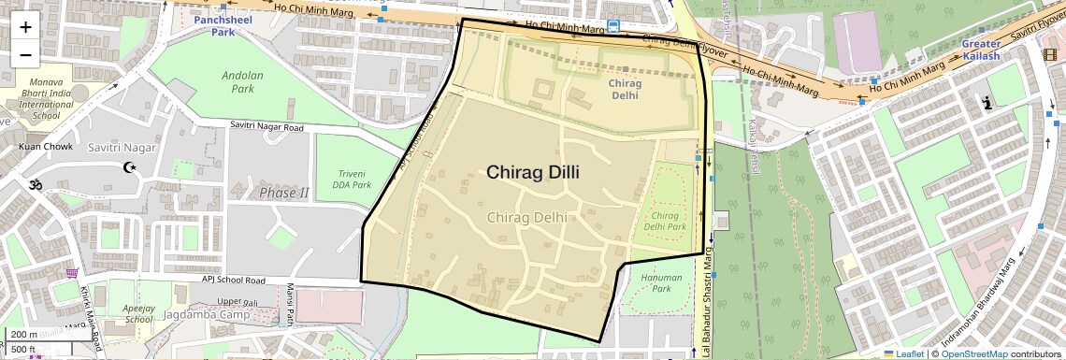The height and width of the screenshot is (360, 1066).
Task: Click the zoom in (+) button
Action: click(x=25, y=26)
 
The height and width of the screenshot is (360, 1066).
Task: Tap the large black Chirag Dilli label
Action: click(x=532, y=173)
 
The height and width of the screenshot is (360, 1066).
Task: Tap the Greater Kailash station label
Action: click(x=994, y=50)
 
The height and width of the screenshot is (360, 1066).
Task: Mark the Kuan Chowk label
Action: click(x=45, y=147)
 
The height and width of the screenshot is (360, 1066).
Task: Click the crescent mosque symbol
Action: click(x=130, y=168)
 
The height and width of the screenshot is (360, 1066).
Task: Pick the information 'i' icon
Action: click(x=987, y=105)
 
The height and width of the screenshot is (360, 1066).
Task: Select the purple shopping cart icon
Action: click(x=72, y=274)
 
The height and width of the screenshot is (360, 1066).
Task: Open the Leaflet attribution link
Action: click(x=903, y=353)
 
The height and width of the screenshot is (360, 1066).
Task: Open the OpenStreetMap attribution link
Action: click(x=973, y=353)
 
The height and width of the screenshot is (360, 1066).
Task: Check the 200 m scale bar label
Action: click(x=24, y=335)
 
